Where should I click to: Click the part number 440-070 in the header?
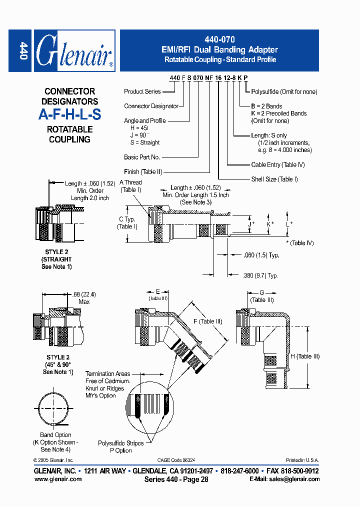click(219, 39)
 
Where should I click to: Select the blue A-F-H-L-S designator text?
click(69, 114)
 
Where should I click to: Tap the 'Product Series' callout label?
click(142, 91)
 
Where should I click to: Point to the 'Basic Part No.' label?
click(142, 157)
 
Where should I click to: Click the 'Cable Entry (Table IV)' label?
click(277, 164)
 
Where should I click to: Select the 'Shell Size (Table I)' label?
click(274, 179)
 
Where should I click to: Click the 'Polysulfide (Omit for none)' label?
click(284, 91)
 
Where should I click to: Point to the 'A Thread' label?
click(130, 183)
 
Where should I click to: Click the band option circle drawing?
click(56, 409)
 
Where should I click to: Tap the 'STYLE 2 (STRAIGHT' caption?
click(56, 255)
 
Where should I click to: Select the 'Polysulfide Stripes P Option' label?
click(120, 446)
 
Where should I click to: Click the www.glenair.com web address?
click(58, 479)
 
